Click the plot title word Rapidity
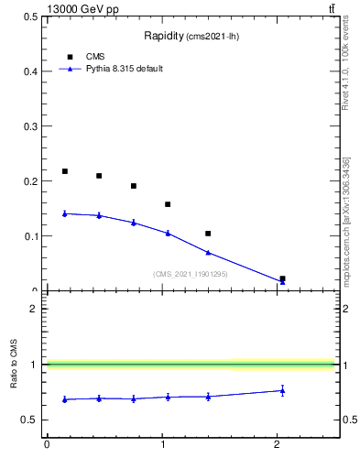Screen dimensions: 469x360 point(164,36)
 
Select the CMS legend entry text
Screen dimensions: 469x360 point(95,56)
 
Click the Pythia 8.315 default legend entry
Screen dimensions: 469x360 point(123,69)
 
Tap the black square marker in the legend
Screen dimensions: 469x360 point(70,56)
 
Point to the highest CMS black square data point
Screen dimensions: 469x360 point(64,171)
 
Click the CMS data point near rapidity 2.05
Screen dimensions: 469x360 point(282,278)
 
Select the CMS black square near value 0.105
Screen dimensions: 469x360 point(208,234)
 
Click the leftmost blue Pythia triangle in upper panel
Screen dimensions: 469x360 point(64,213)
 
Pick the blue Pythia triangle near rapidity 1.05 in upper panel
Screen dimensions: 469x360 point(168,233)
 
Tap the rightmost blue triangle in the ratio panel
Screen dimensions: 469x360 point(282,390)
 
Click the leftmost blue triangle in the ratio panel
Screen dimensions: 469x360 point(64,399)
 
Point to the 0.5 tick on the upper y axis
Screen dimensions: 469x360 point(31,16)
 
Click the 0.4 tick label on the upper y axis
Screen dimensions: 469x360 point(31,71)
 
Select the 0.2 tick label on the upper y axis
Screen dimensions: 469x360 point(31,181)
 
